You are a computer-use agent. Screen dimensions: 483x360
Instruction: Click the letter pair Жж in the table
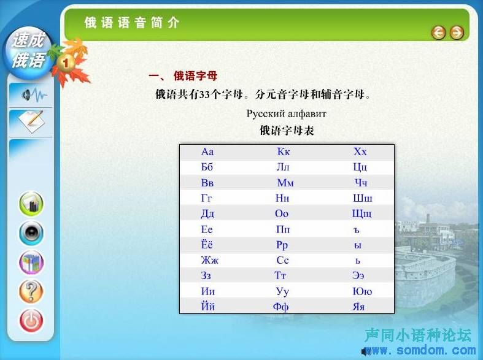[209, 260]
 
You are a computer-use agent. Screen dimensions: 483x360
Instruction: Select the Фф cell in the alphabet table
[280, 307]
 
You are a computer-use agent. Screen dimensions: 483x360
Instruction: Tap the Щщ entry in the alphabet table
[362, 214]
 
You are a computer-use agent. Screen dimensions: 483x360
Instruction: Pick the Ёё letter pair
[207, 244]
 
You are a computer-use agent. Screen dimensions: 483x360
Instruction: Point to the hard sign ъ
[357, 230]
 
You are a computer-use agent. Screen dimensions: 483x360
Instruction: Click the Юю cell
[362, 291]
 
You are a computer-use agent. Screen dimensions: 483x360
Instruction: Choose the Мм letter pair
[285, 183]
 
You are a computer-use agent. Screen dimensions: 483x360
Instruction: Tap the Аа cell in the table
[207, 151]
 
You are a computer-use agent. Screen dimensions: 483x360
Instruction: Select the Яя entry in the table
[358, 307]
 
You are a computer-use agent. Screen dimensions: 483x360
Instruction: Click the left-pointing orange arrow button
[438, 33]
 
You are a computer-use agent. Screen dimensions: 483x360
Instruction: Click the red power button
[31, 321]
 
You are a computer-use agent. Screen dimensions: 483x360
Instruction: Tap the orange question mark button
[31, 291]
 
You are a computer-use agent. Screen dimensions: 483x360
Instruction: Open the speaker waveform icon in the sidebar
[34, 95]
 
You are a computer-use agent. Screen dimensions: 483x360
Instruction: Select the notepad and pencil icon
[31, 121]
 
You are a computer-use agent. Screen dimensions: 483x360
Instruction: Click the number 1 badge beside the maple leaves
[65, 63]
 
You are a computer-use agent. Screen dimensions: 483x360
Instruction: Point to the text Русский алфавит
[286, 114]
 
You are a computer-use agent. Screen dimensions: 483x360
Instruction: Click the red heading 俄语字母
[195, 75]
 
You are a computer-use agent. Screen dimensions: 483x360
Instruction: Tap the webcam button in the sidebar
[31, 233]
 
